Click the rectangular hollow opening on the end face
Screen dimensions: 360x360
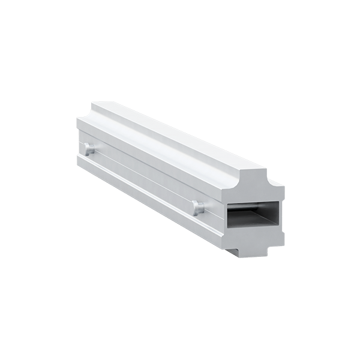pos(253,214)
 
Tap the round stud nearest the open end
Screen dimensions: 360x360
pos(198,208)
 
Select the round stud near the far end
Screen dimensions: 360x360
pos(89,149)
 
